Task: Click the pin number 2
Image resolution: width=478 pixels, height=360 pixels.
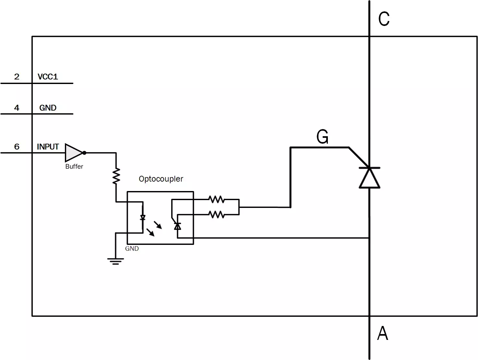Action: pyautogui.click(x=17, y=77)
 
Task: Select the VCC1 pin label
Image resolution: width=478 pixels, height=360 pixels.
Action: pyautogui.click(x=48, y=77)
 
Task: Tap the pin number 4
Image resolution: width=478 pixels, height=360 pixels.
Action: pyautogui.click(x=17, y=108)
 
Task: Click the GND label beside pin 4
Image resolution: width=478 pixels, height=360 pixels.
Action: pyautogui.click(x=48, y=108)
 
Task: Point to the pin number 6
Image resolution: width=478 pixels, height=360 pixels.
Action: pyautogui.click(x=17, y=147)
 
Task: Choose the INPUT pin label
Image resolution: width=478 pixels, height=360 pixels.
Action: pyautogui.click(x=48, y=147)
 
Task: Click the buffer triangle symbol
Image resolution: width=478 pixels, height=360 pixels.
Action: pyautogui.click(x=73, y=153)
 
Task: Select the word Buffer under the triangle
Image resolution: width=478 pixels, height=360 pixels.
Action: pyautogui.click(x=74, y=166)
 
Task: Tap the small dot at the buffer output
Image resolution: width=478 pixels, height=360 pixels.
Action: pyautogui.click(x=84, y=153)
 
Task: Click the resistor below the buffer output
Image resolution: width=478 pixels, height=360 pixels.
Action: pyautogui.click(x=116, y=176)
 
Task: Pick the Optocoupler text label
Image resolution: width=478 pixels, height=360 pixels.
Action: pyautogui.click(x=161, y=179)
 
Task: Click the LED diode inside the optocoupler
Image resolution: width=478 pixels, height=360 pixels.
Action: pyautogui.click(x=143, y=218)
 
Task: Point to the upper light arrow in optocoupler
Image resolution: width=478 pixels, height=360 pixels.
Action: pyautogui.click(x=158, y=225)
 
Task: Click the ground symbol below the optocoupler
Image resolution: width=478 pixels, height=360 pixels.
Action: pyautogui.click(x=115, y=261)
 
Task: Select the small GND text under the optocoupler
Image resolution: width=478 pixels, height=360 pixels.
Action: pyautogui.click(x=132, y=248)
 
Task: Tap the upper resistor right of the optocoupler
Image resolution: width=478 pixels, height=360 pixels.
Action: pyautogui.click(x=216, y=199)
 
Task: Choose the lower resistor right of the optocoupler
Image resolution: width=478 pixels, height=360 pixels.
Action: pyautogui.click(x=216, y=214)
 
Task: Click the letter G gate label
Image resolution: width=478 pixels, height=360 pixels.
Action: pyautogui.click(x=322, y=137)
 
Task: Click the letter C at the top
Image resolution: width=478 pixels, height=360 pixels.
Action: pyautogui.click(x=384, y=19)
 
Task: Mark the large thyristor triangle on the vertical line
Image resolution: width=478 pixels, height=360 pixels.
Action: pyautogui.click(x=369, y=178)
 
